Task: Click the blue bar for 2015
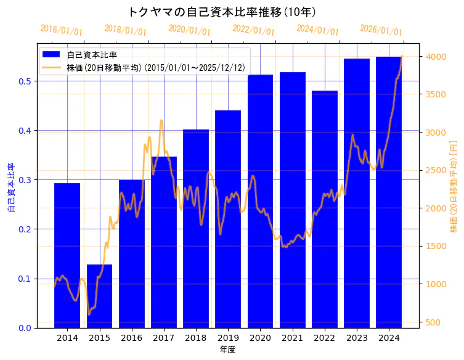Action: (x=99, y=296)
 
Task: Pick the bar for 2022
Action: (x=325, y=209)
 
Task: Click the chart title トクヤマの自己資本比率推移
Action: (x=222, y=12)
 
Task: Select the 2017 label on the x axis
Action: (x=164, y=338)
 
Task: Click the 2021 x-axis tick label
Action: (x=293, y=338)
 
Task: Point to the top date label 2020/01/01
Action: (x=189, y=30)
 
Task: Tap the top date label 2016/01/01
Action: (x=61, y=30)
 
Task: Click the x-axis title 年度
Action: (x=227, y=350)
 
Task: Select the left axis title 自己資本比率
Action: (x=10, y=187)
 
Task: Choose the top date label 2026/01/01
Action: (x=381, y=30)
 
